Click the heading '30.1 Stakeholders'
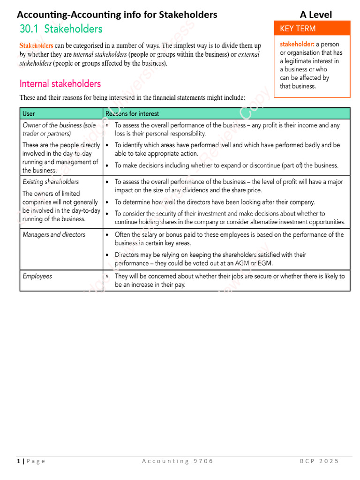pos(61,29)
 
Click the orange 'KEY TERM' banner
pos(298,29)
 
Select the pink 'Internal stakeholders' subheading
pos(60,84)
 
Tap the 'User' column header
pos(29,113)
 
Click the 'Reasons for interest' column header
pos(132,113)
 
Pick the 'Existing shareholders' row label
pos(51,181)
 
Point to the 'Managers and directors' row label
pos(54,234)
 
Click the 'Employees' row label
pos(37,276)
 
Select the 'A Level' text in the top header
pos(316,15)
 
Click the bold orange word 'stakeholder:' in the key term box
pos(297,45)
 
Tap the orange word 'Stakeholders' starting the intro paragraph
pos(36,46)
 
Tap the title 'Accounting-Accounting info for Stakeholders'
pos(117,15)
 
